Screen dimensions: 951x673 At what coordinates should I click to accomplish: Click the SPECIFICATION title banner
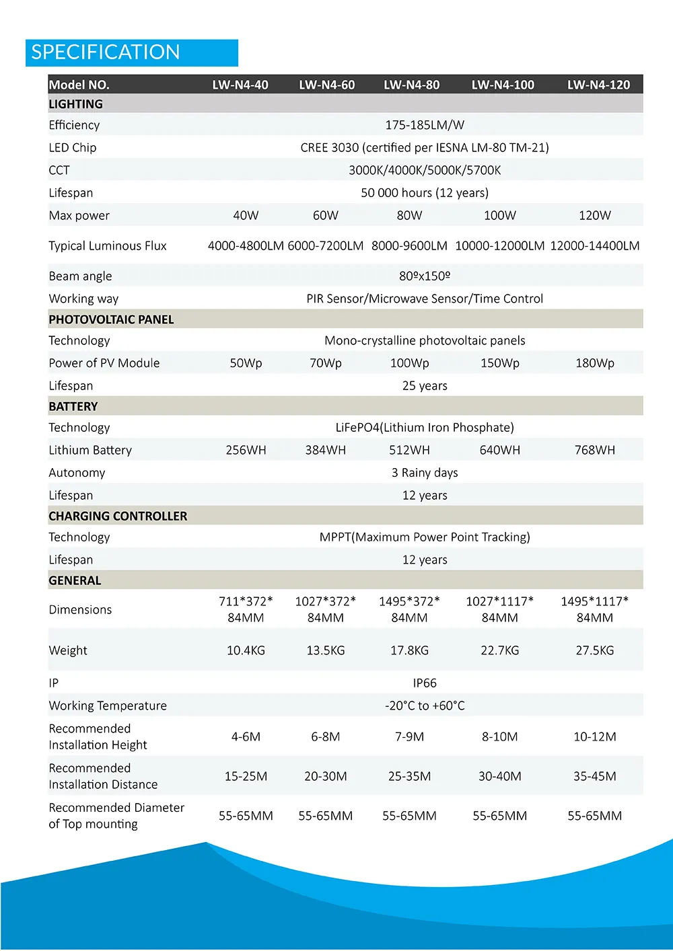[132, 52]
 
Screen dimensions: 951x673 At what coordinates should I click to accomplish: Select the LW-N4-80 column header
[411, 85]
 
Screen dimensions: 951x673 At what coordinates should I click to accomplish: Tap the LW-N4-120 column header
[598, 85]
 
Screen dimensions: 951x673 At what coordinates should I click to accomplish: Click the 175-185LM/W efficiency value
[425, 125]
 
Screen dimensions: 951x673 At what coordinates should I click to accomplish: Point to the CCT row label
[59, 170]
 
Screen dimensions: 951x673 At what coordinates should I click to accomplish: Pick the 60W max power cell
[326, 215]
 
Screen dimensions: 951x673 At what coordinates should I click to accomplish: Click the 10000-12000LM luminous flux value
[499, 245]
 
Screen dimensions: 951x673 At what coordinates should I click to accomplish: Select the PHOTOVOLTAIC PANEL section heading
[111, 319]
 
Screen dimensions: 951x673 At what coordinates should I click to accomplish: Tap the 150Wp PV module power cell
[499, 363]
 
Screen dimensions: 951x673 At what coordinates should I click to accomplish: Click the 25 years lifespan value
[425, 386]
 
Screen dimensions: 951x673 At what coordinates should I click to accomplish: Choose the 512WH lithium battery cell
[409, 450]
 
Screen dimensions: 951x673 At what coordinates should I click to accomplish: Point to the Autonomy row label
[77, 473]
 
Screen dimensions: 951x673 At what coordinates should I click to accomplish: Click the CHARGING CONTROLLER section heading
[118, 516]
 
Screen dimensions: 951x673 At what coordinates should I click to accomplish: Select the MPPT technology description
[425, 537]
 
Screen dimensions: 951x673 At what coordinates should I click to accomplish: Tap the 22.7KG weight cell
[499, 650]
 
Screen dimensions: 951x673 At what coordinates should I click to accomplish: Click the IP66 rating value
[425, 683]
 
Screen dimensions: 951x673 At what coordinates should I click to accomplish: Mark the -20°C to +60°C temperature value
[425, 706]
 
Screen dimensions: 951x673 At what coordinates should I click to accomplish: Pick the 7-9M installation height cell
[409, 736]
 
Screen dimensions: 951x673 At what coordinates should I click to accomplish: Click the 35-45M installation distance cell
[594, 776]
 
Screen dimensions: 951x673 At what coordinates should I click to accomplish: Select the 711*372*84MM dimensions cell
[246, 609]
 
